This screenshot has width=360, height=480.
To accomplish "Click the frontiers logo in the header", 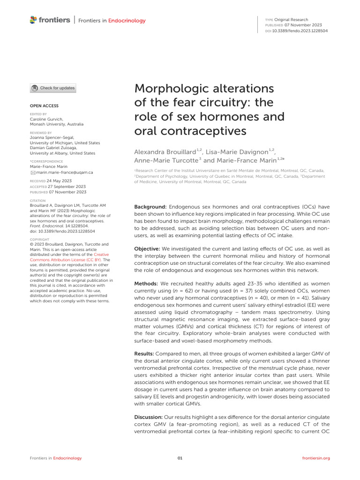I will coord(49,20).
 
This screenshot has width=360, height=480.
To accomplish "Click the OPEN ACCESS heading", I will coord(44,106).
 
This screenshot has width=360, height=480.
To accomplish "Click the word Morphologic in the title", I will coord(175,89).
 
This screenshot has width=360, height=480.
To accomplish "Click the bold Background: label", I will coord(150,207).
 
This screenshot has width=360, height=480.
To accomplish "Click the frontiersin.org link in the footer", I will coord(316,458).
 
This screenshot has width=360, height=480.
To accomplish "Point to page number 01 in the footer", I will coord(180,458).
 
